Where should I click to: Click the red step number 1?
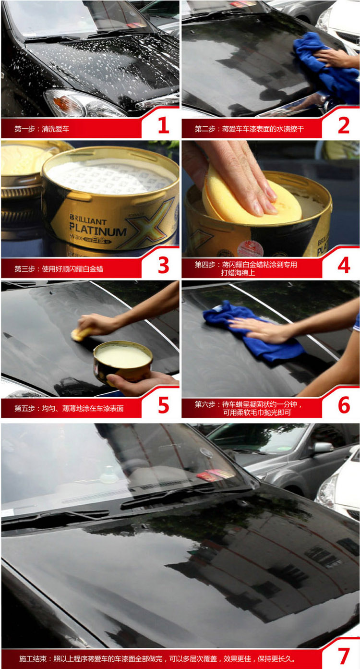pos(163,125)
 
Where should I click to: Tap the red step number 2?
pos(344,125)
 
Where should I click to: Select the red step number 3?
pos(163,265)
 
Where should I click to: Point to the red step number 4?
pos(344,265)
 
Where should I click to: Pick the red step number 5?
pos(164,405)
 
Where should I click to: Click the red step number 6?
pos(344,405)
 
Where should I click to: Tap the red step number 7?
pos(344,656)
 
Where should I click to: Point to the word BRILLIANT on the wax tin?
pos(88,219)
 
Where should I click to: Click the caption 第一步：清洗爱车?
pos(42,129)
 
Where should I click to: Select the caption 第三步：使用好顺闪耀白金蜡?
pos(59,269)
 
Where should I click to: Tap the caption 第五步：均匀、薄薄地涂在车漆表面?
pos(69,409)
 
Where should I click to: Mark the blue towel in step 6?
pos(251,331)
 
